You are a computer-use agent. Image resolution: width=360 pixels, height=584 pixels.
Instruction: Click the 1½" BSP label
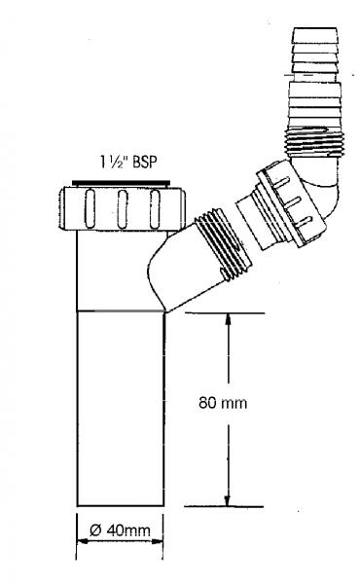click(128, 162)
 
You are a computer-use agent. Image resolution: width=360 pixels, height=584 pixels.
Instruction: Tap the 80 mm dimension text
click(223, 403)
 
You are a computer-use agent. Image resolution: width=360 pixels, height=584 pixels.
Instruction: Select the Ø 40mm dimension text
click(120, 530)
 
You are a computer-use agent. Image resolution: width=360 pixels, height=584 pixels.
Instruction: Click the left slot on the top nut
click(90, 208)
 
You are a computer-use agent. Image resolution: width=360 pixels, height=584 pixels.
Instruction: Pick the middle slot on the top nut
click(123, 208)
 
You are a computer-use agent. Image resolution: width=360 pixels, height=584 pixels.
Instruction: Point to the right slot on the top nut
click(155, 208)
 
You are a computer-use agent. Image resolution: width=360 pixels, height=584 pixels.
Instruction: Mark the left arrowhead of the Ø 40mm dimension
click(83, 542)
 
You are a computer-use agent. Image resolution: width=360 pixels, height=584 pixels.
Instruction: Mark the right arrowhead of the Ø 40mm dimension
click(157, 542)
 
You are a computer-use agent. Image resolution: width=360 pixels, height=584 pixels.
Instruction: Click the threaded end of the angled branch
click(224, 246)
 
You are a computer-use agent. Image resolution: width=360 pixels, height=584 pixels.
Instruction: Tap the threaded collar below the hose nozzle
click(315, 141)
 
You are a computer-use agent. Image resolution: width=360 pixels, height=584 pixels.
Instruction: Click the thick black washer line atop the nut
click(121, 183)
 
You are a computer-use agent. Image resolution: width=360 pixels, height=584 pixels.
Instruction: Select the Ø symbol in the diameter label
click(95, 530)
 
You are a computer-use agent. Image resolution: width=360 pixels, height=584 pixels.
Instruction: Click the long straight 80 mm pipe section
click(121, 409)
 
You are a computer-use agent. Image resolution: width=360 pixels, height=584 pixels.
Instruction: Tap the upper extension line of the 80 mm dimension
click(225, 313)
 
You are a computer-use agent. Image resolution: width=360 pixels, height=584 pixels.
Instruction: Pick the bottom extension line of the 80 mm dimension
click(224, 506)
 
